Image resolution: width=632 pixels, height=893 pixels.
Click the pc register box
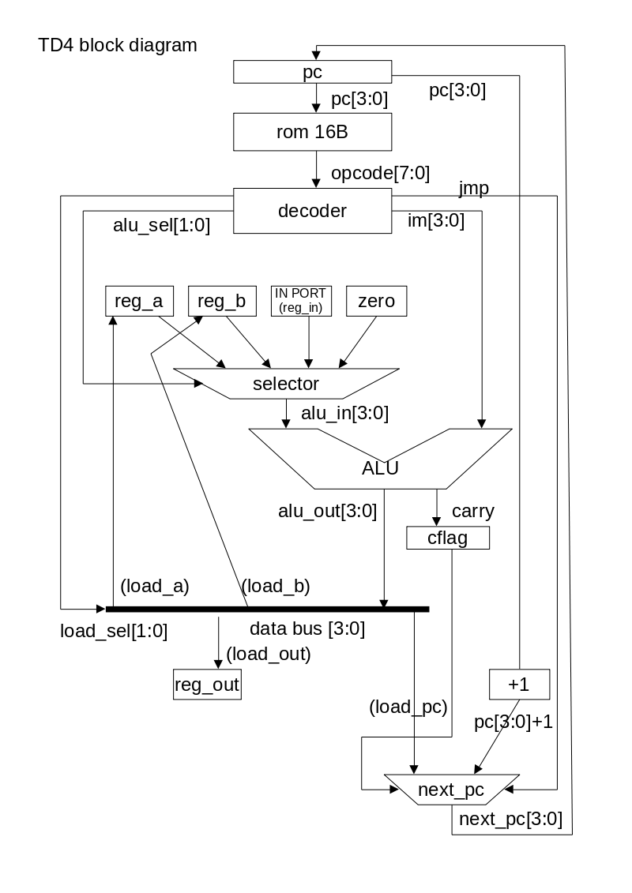tap(313, 73)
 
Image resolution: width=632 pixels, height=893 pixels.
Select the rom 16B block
tap(313, 132)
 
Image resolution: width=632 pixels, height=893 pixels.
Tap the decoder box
tap(313, 211)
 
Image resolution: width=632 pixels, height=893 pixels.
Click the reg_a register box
tap(139, 301)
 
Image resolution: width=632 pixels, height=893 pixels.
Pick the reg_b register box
tap(222, 301)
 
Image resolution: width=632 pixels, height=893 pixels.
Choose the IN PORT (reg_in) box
tap(300, 301)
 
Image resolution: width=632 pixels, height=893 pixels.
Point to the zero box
tap(376, 301)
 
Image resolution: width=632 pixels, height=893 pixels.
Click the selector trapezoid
tap(286, 384)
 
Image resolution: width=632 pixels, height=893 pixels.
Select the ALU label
tap(380, 467)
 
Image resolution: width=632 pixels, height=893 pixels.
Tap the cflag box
tap(447, 538)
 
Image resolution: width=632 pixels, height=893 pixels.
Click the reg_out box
tap(206, 685)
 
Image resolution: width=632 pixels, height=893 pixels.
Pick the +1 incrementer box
tap(519, 685)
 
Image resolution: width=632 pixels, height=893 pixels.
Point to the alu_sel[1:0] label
tap(161, 226)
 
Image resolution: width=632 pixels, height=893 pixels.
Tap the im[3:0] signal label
tap(434, 222)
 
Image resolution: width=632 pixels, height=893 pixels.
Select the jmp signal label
tap(473, 188)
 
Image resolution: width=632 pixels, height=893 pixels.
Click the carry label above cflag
tap(472, 511)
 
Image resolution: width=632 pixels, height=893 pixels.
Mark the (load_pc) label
tap(408, 707)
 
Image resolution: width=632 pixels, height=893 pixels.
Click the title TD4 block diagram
tap(118, 45)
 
